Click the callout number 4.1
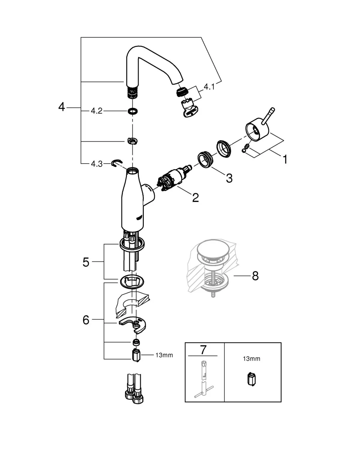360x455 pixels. pyautogui.click(x=209, y=87)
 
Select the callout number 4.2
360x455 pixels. pyautogui.click(x=97, y=111)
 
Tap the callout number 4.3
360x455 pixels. pyautogui.click(x=97, y=164)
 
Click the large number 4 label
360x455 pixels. pyautogui.click(x=61, y=107)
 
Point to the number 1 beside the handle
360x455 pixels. pyautogui.click(x=285, y=159)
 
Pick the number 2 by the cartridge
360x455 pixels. pyautogui.click(x=195, y=197)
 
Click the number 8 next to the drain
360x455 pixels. pyautogui.click(x=255, y=276)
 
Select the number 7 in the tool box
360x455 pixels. pyautogui.click(x=203, y=350)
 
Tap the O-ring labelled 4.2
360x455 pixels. pyautogui.click(x=132, y=111)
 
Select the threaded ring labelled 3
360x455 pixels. pyautogui.click(x=205, y=160)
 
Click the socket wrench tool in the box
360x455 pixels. pyautogui.click(x=203, y=380)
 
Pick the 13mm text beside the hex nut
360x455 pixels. pyautogui.click(x=164, y=355)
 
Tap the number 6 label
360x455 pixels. pyautogui.click(x=86, y=320)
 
